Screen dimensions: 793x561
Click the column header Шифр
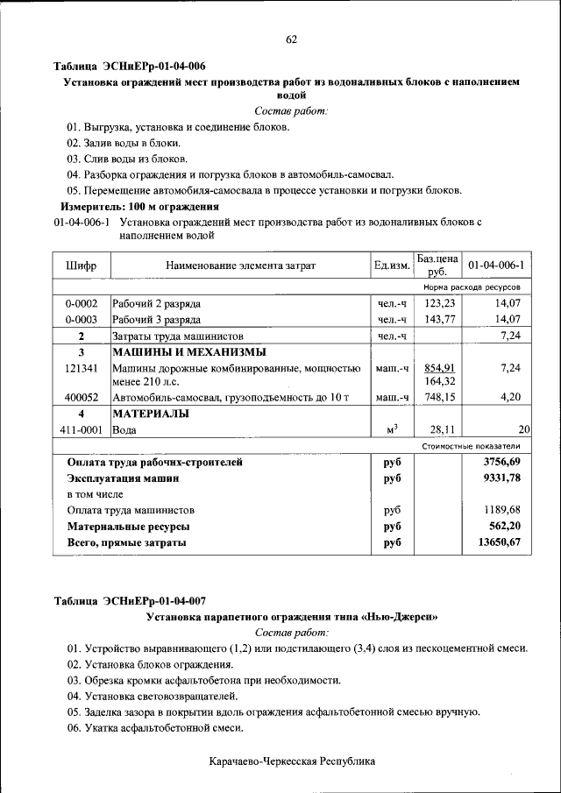[x=81, y=265]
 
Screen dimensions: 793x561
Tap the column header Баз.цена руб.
[x=437, y=265]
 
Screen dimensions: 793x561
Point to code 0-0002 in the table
[x=81, y=303]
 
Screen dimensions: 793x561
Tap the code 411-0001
[x=81, y=429]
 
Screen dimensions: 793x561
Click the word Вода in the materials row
[x=124, y=430]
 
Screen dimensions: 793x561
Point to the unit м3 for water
[x=392, y=428]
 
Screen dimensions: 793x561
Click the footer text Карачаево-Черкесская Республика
[x=292, y=761]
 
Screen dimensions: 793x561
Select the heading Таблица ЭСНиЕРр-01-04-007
[x=130, y=601]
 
